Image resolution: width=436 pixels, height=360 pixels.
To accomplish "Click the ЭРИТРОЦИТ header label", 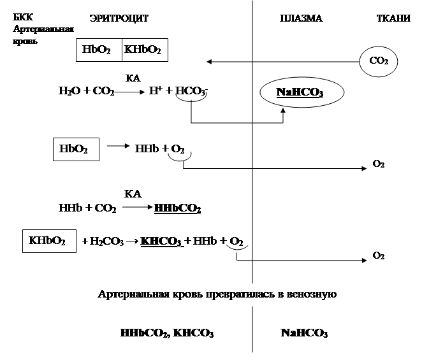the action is pyautogui.click(x=119, y=19).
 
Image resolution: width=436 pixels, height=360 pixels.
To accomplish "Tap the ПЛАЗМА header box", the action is pyautogui.click(x=301, y=19).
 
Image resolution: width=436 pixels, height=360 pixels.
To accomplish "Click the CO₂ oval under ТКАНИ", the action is pyautogui.click(x=379, y=61).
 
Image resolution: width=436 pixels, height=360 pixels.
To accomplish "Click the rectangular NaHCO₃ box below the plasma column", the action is pyautogui.click(x=304, y=333).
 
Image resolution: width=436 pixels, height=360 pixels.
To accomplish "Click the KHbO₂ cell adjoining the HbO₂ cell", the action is pyautogui.click(x=144, y=50).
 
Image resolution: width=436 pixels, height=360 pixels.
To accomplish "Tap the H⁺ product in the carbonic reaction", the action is pyautogui.click(x=154, y=91).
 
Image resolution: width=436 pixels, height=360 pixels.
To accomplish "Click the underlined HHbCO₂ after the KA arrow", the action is pyautogui.click(x=178, y=208).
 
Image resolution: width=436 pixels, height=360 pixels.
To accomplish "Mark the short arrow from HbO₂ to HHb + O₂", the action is pyautogui.click(x=117, y=146).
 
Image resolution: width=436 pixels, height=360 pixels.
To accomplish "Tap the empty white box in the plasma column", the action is pyautogui.click(x=298, y=157).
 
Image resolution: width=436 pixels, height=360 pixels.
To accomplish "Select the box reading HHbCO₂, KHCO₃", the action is pyautogui.click(x=167, y=333).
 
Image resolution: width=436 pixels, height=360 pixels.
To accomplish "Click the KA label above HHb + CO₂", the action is pyautogui.click(x=133, y=194).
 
